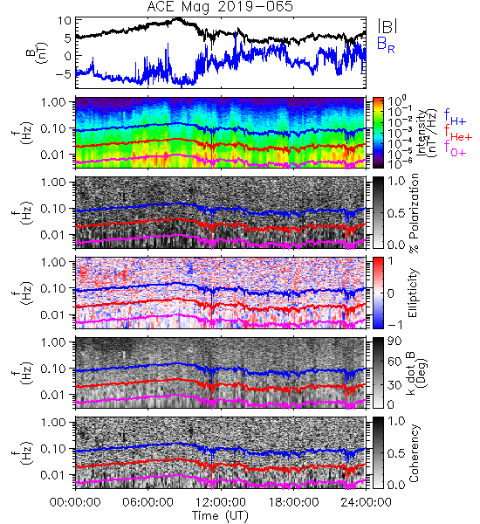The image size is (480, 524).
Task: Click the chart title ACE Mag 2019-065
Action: [x=220, y=7]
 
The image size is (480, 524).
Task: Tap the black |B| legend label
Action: [x=387, y=26]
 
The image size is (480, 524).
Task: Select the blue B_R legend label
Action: [x=386, y=45]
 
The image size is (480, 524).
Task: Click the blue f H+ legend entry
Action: [x=455, y=117]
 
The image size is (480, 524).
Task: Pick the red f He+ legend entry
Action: [x=458, y=133]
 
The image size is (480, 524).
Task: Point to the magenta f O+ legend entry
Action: [x=455, y=148]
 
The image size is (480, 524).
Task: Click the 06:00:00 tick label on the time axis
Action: [x=148, y=502]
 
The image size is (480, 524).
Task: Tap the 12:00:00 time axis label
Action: [x=221, y=502]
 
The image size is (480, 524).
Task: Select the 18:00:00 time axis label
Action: [x=293, y=502]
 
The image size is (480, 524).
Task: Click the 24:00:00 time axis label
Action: [x=366, y=502]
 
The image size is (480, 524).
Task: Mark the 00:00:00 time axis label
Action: [x=75, y=502]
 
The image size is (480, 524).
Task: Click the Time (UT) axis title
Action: [x=220, y=515]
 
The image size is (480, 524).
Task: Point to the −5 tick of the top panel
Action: [x=63, y=73]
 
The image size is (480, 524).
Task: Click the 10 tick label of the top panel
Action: [x=65, y=21]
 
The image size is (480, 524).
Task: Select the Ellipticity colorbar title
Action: [x=413, y=293]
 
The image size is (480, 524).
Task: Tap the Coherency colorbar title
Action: [x=414, y=453]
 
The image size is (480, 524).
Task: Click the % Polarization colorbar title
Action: [x=414, y=213]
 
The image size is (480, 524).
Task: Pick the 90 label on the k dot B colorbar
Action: [x=394, y=341]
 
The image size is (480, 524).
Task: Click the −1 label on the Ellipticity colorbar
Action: [x=394, y=325]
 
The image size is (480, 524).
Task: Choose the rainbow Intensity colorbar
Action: [x=378, y=133]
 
